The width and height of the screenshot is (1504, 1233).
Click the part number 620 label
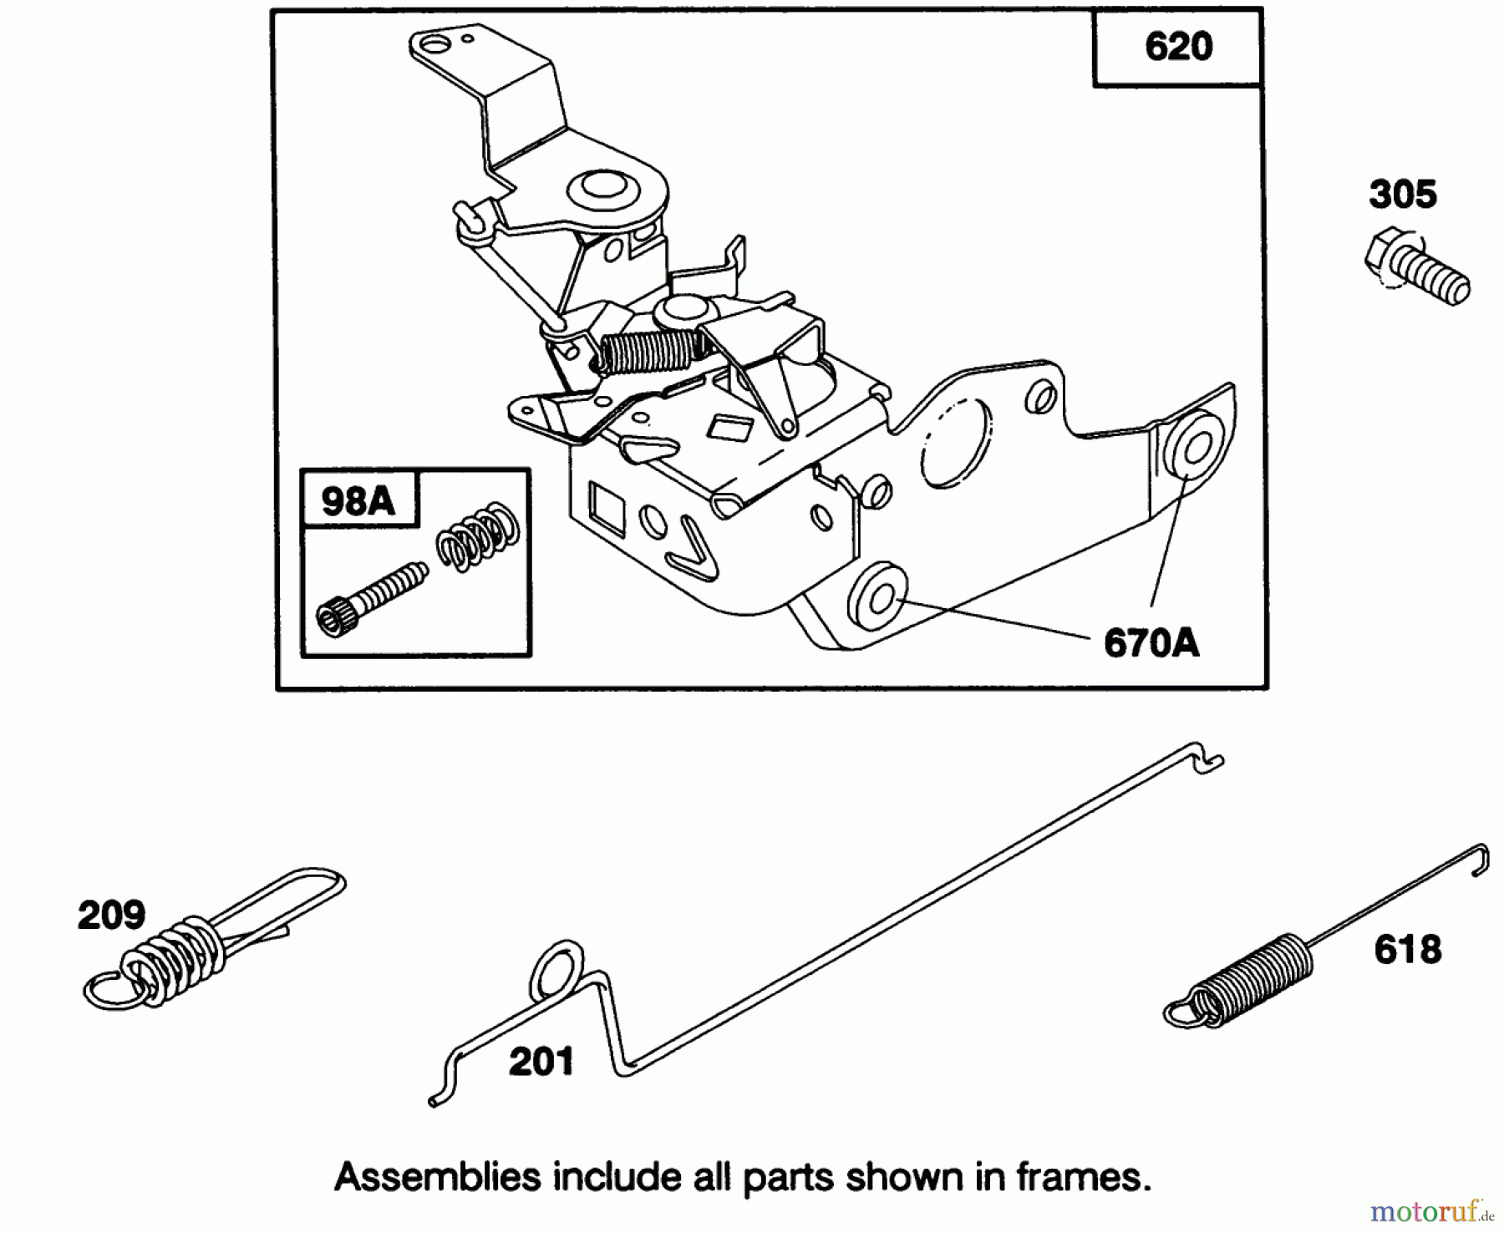(x=1178, y=47)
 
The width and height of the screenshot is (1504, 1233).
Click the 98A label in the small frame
(x=358, y=501)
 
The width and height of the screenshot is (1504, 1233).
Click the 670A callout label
(x=1151, y=643)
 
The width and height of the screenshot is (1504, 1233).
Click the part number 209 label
(x=111, y=916)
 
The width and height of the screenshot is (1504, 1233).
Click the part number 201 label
(x=541, y=1063)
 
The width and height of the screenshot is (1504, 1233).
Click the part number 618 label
(x=1408, y=950)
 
